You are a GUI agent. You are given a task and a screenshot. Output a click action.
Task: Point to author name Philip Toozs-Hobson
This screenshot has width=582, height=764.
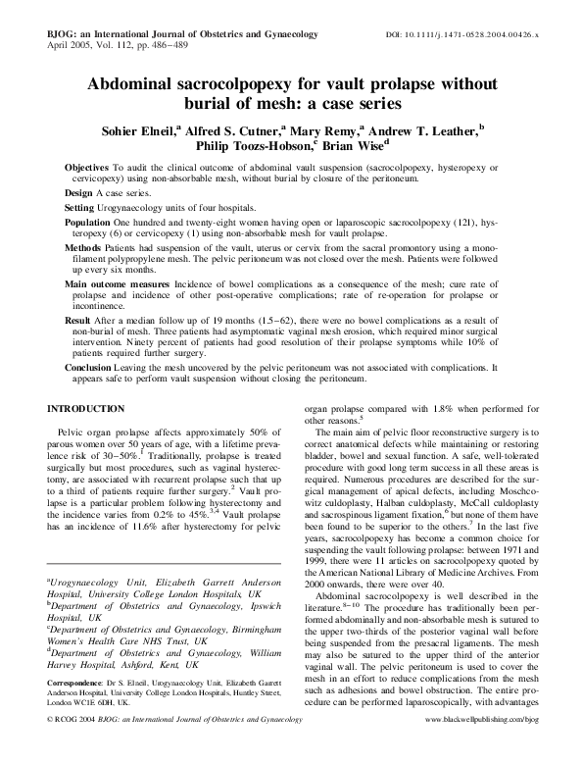251,147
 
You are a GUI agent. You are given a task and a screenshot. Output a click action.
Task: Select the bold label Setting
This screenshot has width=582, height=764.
83,210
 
